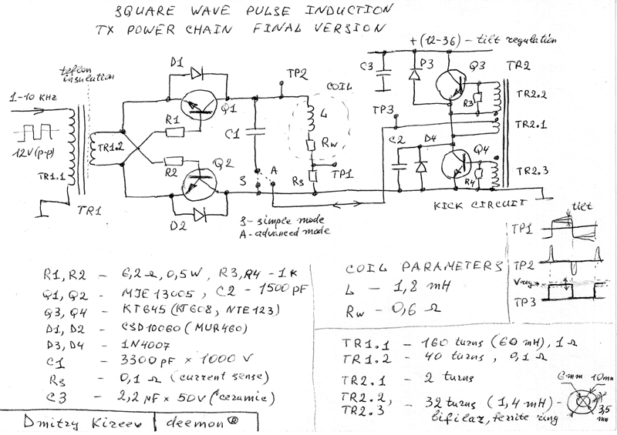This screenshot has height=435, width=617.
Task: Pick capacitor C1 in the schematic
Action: coord(256,136)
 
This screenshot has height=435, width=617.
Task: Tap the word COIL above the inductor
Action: coord(339,87)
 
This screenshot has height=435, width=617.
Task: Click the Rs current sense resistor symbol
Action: coord(312,176)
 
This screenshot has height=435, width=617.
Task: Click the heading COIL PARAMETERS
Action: coord(422,267)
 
